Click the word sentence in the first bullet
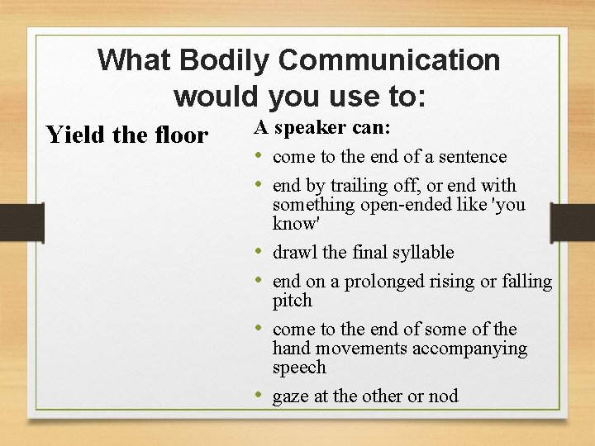pyautogui.click(x=470, y=157)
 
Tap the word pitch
pyautogui.click(x=292, y=301)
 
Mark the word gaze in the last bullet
pyautogui.click(x=291, y=397)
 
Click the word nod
pyautogui.click(x=443, y=397)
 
